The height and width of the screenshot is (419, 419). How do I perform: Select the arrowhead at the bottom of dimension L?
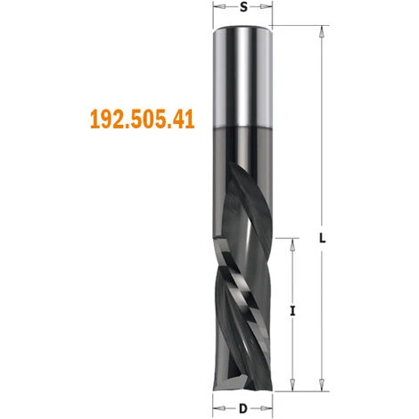click(x=318, y=388)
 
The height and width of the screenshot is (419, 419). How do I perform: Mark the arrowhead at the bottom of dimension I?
click(x=293, y=388)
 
